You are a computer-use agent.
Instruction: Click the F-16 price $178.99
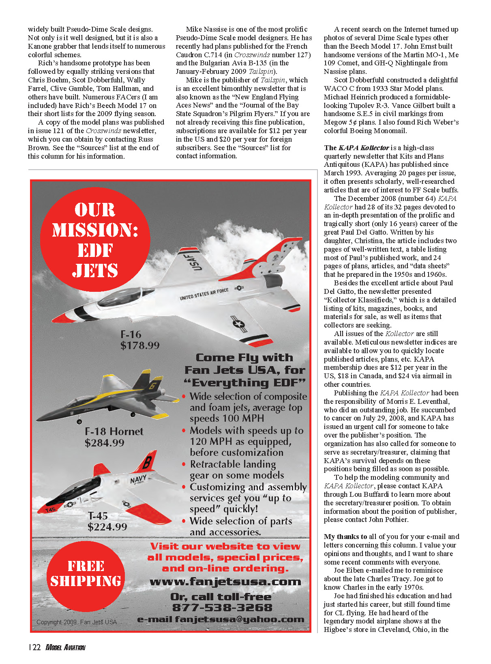140,345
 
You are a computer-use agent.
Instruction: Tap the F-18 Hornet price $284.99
105,443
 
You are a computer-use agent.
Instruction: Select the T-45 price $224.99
107,527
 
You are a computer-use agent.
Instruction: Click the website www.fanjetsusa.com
225,582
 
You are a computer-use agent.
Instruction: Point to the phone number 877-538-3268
222,608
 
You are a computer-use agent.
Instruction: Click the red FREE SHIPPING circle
86,573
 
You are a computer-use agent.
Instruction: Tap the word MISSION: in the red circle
95,230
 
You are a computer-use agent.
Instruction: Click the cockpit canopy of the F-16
120,298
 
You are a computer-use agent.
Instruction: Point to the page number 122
35,647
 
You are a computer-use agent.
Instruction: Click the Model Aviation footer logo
65,647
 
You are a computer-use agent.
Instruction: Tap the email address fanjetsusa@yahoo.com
240,619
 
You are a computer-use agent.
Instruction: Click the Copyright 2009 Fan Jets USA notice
77,622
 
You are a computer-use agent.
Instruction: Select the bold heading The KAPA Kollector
356,148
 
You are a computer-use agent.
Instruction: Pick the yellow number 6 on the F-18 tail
152,386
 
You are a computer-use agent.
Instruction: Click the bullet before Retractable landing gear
184,464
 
